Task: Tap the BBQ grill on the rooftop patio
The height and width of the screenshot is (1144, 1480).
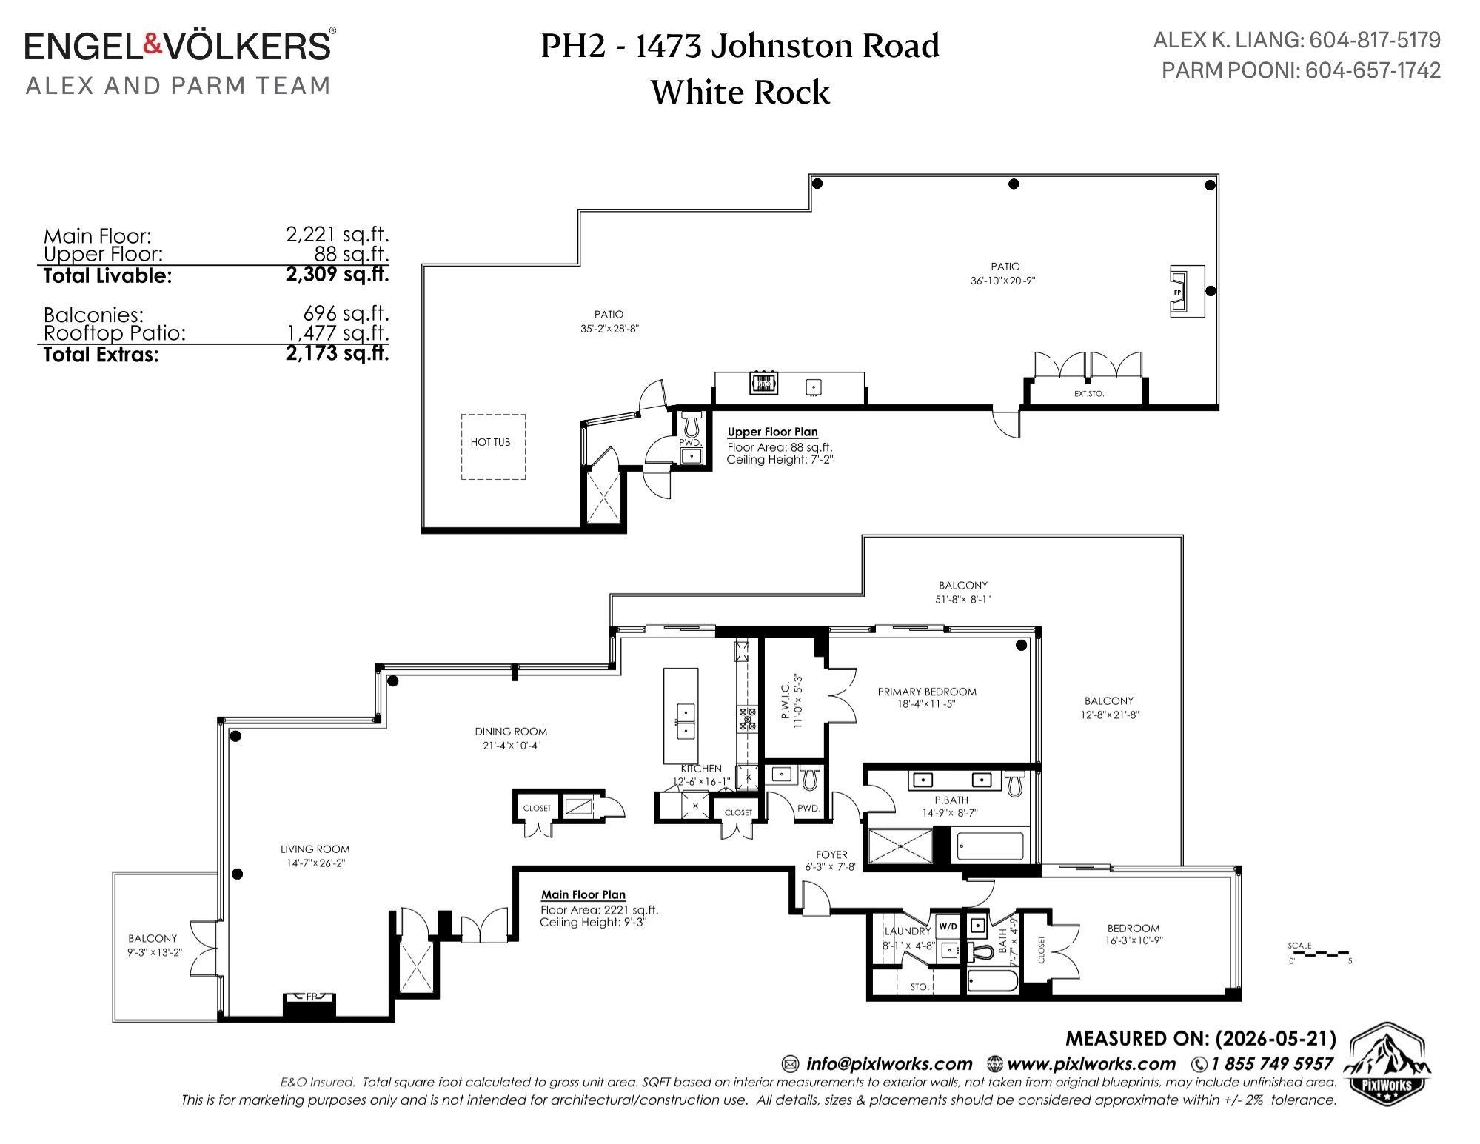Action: [763, 383]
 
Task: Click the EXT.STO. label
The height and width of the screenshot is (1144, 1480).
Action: [1088, 394]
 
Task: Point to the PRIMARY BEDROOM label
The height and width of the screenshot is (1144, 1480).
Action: [927, 692]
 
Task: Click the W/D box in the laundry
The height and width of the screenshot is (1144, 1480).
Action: [948, 926]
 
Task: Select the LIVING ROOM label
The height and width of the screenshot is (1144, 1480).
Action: [315, 849]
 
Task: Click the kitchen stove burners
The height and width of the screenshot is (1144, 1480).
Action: [747, 719]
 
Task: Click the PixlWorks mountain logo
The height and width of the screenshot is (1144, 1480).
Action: [1387, 1062]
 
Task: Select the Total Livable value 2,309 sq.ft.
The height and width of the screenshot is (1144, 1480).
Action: [338, 275]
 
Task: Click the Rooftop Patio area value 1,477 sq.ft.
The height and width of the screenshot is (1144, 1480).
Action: [338, 332]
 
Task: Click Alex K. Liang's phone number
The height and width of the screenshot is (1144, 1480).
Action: [1375, 39]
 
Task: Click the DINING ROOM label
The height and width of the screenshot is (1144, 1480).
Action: [511, 732]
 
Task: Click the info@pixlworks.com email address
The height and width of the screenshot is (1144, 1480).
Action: [889, 1064]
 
